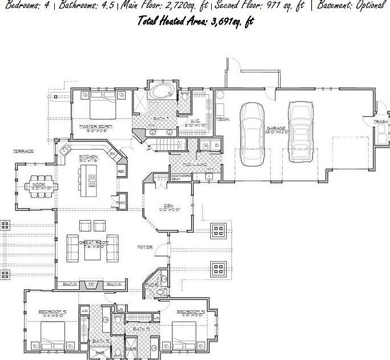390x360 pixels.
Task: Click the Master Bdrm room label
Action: [x=95, y=126]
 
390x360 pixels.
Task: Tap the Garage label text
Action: [x=276, y=129]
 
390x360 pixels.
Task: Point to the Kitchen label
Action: [x=89, y=157]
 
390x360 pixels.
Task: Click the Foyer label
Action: [x=145, y=247]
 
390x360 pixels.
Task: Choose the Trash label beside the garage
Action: [x=380, y=122]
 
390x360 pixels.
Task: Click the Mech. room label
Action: [x=223, y=119]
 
